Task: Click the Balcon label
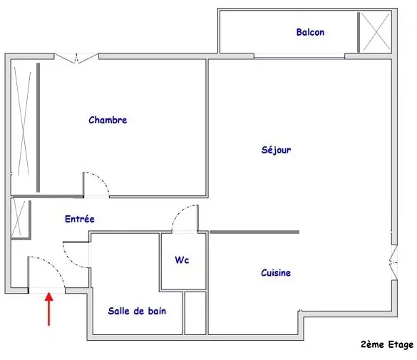tap(310, 32)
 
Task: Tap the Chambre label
tap(108, 120)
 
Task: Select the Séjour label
tap(277, 150)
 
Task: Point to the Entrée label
tap(80, 219)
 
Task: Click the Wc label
tap(182, 259)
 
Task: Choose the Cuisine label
tap(276, 272)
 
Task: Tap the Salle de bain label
tap(137, 311)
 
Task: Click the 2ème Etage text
tap(387, 344)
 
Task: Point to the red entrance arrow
tap(49, 309)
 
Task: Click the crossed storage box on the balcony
tap(376, 32)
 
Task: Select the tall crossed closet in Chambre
tap(23, 121)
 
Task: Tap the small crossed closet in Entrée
tap(19, 218)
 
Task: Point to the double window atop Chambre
tap(76, 58)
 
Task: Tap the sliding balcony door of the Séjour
tap(299, 56)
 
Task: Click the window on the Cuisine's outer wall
tap(394, 262)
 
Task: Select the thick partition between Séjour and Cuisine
tap(254, 232)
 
